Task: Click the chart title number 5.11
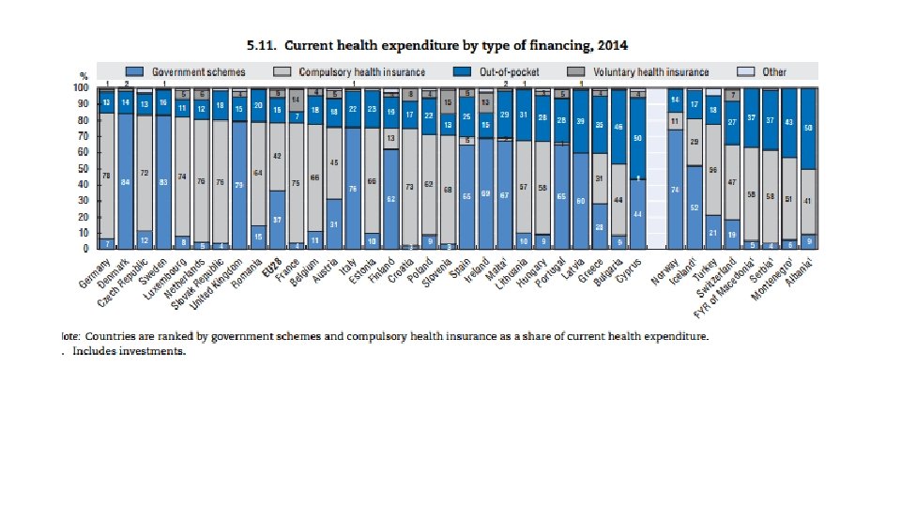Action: pyautogui.click(x=260, y=44)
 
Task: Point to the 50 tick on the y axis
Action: pyautogui.click(x=83, y=168)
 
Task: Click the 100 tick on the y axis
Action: pyautogui.click(x=81, y=87)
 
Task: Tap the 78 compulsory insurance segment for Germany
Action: pyautogui.click(x=107, y=175)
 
